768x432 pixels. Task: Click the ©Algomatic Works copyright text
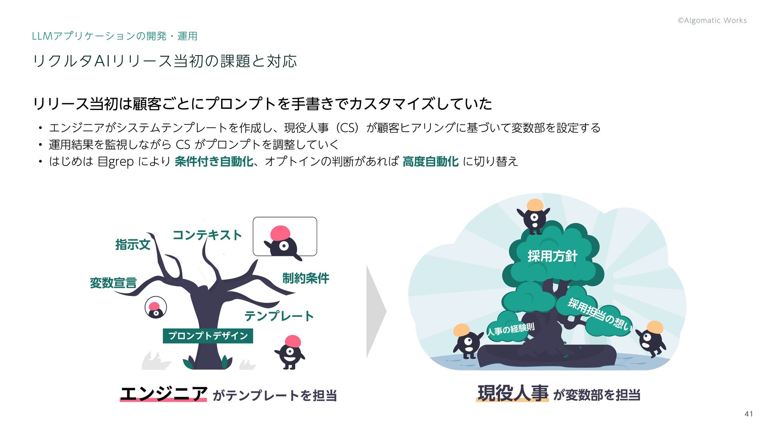tap(712, 20)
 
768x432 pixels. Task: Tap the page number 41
tap(749, 414)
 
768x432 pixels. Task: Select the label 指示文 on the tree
tap(133, 244)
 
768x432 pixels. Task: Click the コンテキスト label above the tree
tap(207, 235)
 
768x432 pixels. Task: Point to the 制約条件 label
tap(306, 278)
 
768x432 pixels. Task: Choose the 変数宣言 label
tap(113, 283)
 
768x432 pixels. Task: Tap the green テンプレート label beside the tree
tap(279, 316)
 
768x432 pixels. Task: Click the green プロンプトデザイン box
tap(208, 336)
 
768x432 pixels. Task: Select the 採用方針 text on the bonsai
tap(552, 256)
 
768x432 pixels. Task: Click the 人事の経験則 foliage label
tap(510, 330)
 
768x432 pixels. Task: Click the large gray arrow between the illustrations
tap(375, 311)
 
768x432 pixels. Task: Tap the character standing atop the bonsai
tap(534, 216)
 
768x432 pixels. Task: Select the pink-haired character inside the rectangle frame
tap(283, 240)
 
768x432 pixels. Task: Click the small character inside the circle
tap(155, 308)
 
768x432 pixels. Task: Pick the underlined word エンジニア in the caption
tap(164, 394)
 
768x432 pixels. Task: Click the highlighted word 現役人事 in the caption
tap(513, 394)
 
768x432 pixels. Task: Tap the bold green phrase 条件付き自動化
tap(214, 162)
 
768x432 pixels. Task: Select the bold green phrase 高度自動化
tap(430, 162)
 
